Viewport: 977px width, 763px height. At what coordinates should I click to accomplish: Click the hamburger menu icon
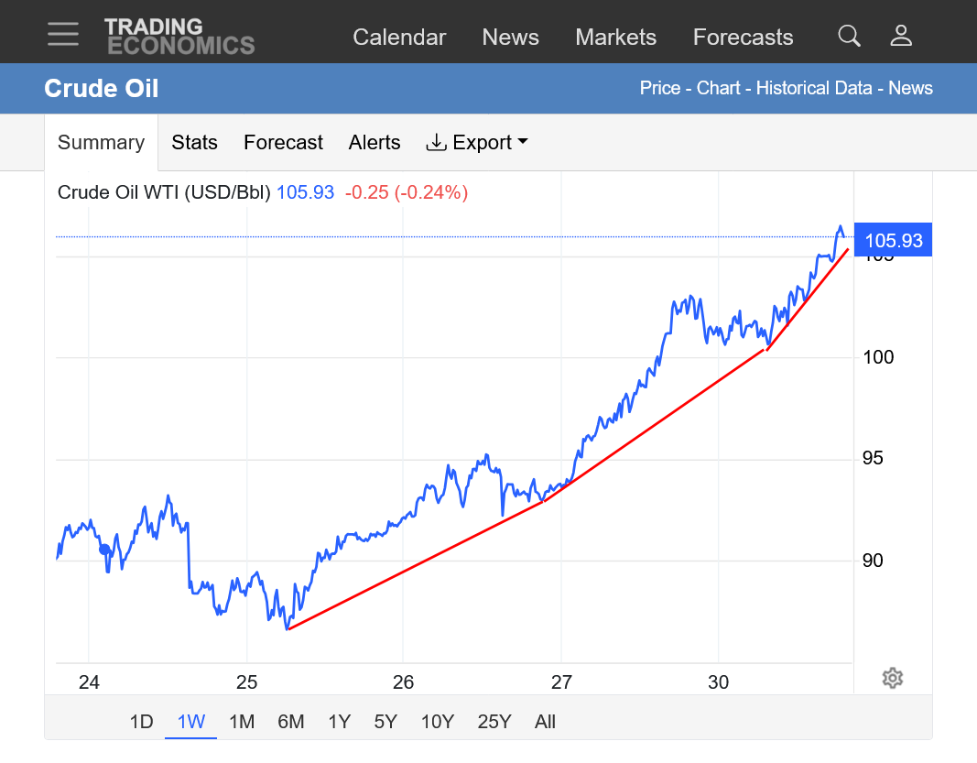[64, 36]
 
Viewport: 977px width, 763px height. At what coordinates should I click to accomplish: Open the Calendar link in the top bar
[399, 37]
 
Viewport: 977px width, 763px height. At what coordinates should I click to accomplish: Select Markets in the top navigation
[615, 37]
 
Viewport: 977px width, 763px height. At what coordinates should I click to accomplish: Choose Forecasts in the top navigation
[743, 37]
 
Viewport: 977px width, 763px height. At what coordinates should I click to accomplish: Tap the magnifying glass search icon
[849, 36]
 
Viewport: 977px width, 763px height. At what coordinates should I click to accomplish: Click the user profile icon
[901, 36]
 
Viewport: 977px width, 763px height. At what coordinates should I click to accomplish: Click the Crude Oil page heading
[102, 89]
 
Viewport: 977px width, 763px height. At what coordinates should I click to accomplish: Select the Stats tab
[194, 142]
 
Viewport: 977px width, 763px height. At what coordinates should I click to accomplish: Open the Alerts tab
[375, 142]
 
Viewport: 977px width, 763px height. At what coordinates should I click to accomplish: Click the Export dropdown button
[477, 142]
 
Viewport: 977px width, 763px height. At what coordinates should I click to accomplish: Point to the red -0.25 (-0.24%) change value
[406, 192]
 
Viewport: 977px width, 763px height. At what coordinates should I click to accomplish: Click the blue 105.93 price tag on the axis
[893, 241]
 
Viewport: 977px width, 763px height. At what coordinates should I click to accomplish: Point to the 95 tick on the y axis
[873, 458]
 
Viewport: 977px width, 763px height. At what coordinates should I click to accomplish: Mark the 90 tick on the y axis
[873, 560]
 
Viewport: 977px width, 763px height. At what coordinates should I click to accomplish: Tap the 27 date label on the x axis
[561, 681]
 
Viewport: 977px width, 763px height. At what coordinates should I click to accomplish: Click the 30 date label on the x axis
[719, 681]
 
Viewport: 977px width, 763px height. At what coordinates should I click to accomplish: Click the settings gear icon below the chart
[893, 678]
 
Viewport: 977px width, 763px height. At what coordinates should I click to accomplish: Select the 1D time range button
[141, 721]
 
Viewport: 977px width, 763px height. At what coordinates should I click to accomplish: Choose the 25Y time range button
[494, 721]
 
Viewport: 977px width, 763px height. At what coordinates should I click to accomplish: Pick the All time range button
[545, 721]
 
